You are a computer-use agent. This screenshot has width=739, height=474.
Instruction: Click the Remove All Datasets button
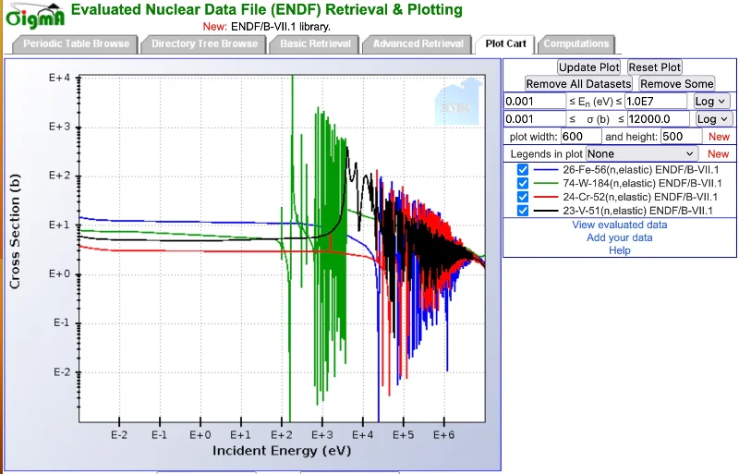point(578,84)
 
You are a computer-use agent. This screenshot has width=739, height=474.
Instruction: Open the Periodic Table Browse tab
point(77,43)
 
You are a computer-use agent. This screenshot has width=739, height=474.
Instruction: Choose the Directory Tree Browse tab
point(204,43)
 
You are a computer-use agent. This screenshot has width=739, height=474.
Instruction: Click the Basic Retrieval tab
point(316,43)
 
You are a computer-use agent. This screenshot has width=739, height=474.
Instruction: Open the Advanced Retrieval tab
point(418,43)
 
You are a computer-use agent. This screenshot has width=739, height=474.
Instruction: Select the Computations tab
point(576,43)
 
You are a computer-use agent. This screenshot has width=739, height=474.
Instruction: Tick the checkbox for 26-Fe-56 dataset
point(523,170)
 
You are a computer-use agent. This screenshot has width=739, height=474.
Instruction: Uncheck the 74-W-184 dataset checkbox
point(523,184)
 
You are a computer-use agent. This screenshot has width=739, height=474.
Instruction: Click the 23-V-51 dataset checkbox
point(523,212)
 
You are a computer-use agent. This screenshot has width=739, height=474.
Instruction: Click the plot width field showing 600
point(581,137)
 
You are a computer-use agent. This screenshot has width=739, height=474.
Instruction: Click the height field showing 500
point(681,137)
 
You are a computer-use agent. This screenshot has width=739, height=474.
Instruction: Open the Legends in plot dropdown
point(642,153)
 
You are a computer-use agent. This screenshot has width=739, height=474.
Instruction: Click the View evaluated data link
point(619,225)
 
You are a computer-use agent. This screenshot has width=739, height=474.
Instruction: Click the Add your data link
point(619,237)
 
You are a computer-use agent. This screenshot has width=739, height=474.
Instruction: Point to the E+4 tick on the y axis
point(60,79)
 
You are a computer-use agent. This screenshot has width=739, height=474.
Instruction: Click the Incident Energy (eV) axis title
point(282,451)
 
